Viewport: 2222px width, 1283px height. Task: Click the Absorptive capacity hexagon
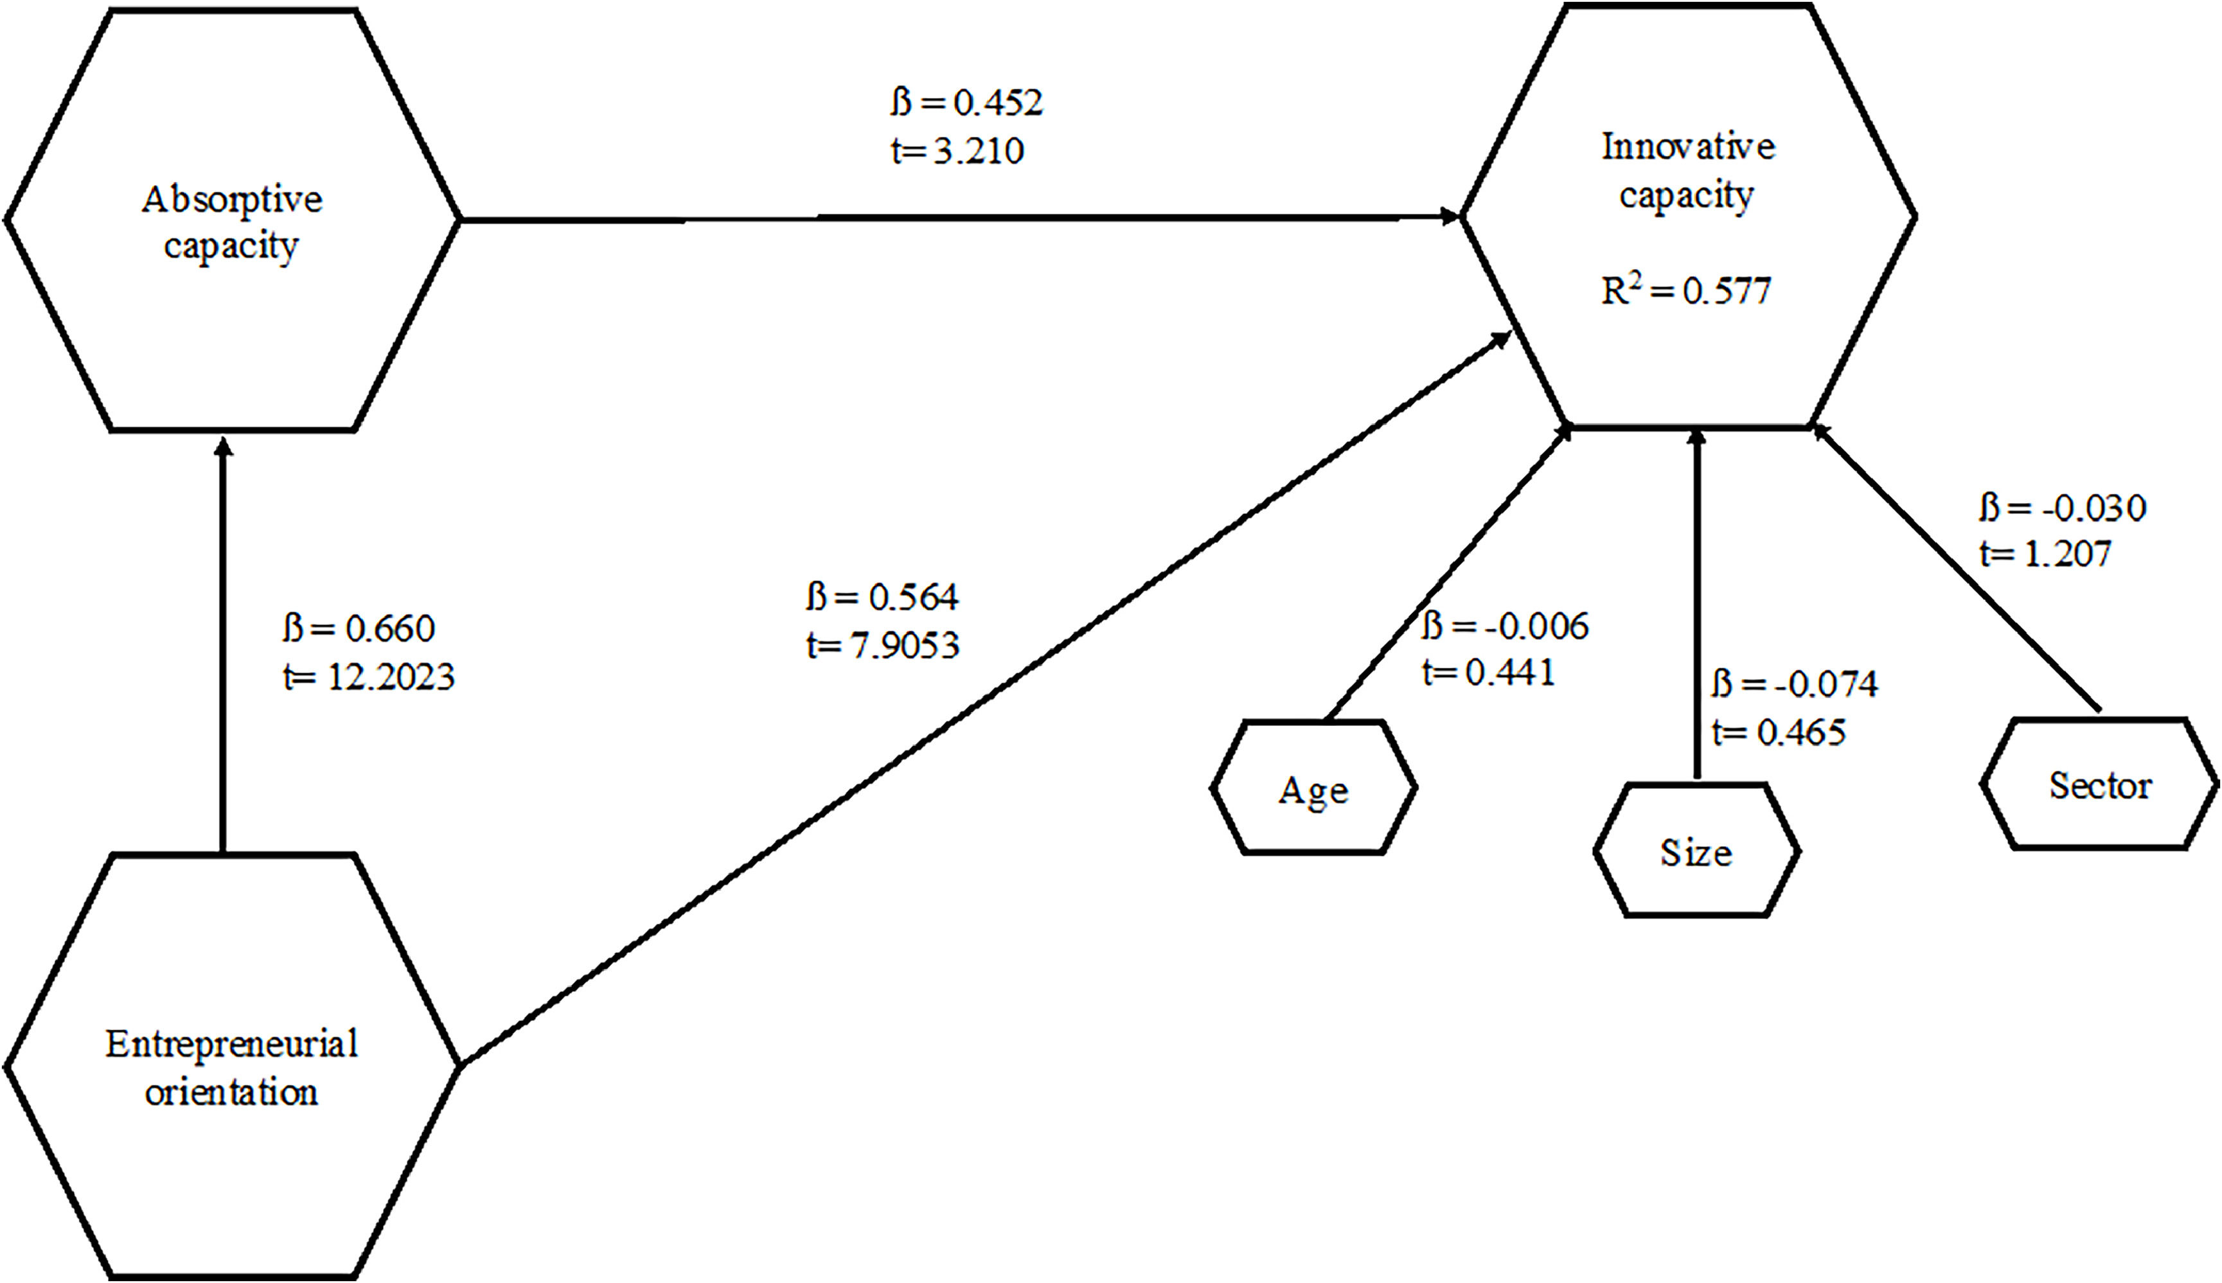click(x=232, y=220)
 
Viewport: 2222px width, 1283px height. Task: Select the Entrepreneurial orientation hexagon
click(x=232, y=1066)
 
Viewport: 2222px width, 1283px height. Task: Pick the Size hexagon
click(x=1696, y=851)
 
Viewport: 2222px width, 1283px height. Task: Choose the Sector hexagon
click(x=2099, y=784)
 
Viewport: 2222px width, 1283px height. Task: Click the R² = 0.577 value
click(x=1685, y=291)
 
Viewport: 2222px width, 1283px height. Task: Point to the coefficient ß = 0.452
click(x=966, y=103)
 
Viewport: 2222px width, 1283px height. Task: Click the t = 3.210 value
click(x=957, y=152)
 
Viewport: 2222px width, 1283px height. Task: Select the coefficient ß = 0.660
click(x=359, y=628)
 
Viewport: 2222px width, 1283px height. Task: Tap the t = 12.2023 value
click(x=368, y=677)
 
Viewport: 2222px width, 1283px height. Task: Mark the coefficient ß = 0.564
click(x=882, y=597)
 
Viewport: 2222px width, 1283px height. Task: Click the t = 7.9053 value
click(x=883, y=646)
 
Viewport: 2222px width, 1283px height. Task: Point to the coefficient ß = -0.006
click(x=1505, y=626)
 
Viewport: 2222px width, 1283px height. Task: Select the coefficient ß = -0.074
click(x=1795, y=684)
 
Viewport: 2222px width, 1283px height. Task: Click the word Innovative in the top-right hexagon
click(x=1687, y=146)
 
